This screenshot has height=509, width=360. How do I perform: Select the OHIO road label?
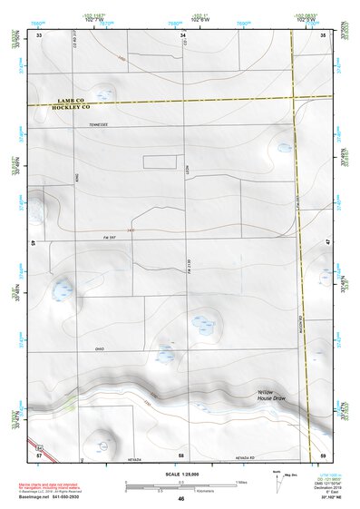100,348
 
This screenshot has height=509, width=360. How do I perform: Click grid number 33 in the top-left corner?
40,34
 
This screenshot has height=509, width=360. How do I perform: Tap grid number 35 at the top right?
324,34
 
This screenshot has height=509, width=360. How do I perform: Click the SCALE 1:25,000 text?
182,475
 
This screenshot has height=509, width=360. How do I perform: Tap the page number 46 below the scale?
181,498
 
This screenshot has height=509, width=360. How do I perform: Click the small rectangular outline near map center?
159,161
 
